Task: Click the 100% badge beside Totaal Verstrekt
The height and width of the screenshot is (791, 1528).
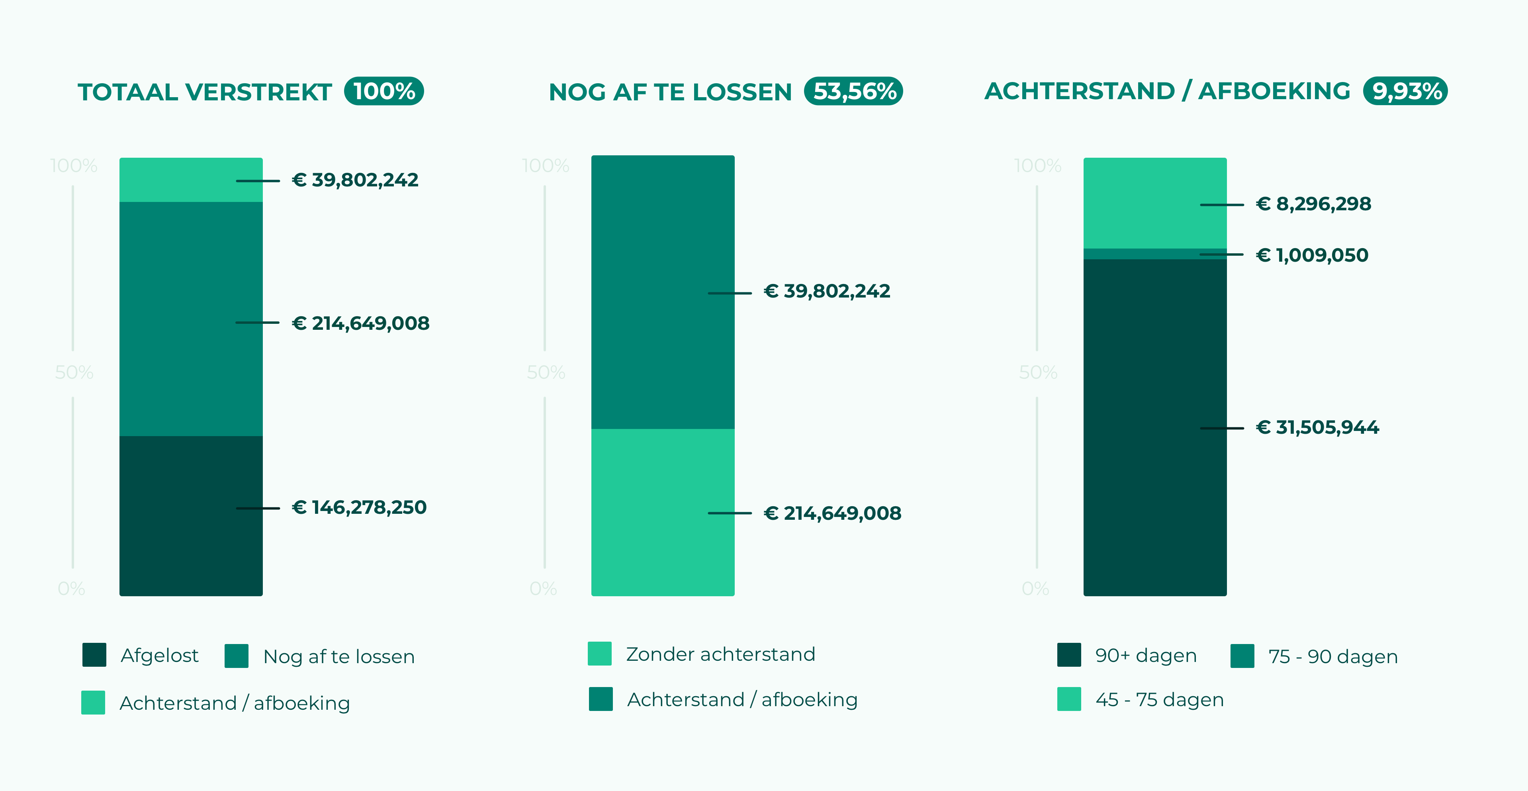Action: click(x=384, y=91)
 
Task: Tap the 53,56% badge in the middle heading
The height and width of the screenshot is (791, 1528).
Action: click(x=853, y=91)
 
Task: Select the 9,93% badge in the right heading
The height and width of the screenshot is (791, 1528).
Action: click(x=1405, y=91)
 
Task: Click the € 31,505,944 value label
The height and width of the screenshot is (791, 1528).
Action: click(x=1317, y=427)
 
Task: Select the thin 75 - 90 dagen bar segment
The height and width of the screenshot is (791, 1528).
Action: click(x=1154, y=254)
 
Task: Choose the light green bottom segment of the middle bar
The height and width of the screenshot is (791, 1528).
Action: click(x=663, y=512)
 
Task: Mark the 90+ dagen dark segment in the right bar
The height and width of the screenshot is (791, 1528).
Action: click(x=1154, y=427)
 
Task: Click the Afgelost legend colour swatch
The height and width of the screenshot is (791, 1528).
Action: click(x=94, y=655)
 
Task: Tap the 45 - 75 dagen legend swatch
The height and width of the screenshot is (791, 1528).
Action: click(x=1069, y=699)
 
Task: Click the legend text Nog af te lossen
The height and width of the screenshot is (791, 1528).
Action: click(x=339, y=656)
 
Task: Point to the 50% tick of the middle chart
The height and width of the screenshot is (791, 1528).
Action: click(x=546, y=373)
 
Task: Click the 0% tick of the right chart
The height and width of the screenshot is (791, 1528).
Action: click(x=1035, y=589)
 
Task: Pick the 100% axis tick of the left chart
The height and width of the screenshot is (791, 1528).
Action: click(x=74, y=166)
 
